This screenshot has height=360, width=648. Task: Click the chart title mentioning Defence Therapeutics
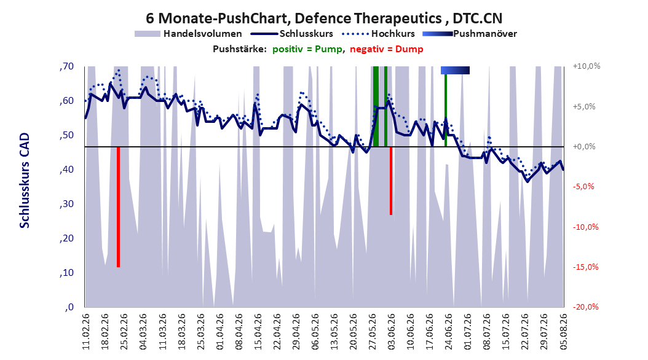tap(324, 18)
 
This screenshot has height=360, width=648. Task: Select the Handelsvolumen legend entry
tap(189, 34)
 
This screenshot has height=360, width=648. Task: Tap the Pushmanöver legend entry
tap(470, 34)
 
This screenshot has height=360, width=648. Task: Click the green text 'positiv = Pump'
tap(307, 49)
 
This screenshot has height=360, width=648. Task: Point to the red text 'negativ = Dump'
tap(387, 49)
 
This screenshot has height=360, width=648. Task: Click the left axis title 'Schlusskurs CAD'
tap(25, 180)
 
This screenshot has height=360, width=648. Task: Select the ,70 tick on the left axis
tap(66, 66)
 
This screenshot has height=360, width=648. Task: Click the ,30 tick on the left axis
tap(66, 204)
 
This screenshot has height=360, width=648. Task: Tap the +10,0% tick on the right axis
tap(587, 66)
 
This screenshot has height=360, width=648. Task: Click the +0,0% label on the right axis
tap(584, 147)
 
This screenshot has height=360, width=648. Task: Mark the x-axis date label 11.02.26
tap(86, 332)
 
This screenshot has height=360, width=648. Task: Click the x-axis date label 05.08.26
tap(563, 332)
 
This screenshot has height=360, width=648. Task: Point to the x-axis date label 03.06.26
tap(391, 332)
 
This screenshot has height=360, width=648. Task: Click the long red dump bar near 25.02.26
tap(118, 207)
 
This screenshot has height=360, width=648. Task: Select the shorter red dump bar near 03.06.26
tap(391, 181)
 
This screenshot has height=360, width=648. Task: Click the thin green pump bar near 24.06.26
tap(446, 110)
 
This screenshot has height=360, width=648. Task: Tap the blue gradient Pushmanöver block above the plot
tap(455, 70)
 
